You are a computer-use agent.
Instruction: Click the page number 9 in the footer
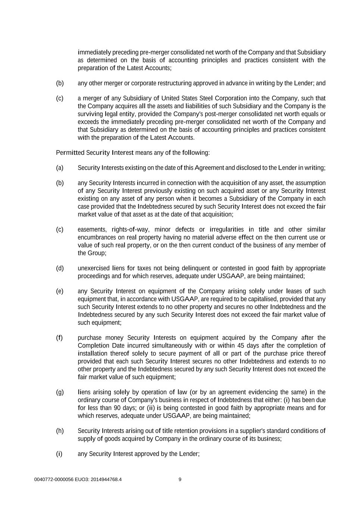(180, 480)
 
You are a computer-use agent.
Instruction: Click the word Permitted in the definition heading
(70, 153)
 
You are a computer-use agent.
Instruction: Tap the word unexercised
(93, 268)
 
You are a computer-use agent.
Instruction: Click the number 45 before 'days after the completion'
(241, 346)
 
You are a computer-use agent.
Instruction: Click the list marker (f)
(59, 338)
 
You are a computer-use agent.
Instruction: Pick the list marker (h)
(60, 431)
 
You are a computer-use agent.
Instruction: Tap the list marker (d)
(60, 268)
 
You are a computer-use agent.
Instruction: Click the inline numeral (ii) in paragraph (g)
(151, 408)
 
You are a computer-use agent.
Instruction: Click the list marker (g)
(60, 392)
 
